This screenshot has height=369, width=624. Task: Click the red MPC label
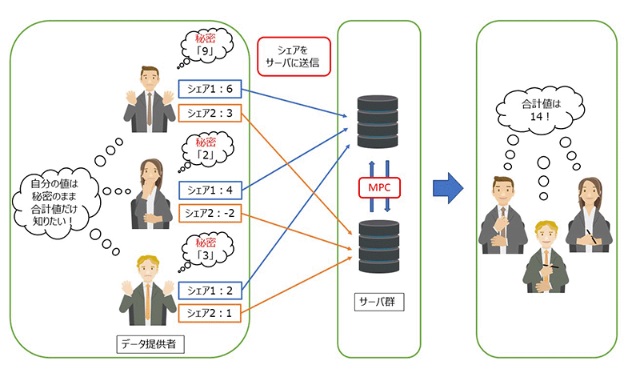pos(379,187)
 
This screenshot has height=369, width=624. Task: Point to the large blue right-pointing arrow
pos(449,187)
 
